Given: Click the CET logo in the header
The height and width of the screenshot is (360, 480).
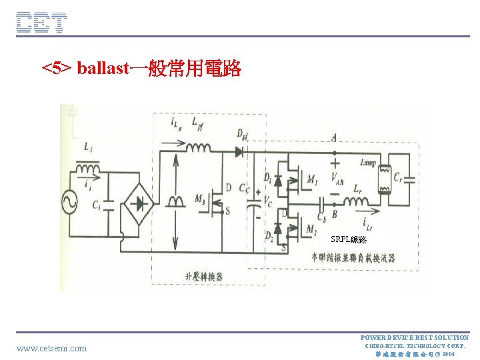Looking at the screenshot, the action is click(x=41, y=23).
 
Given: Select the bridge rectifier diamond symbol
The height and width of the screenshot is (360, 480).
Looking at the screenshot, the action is click(x=140, y=202).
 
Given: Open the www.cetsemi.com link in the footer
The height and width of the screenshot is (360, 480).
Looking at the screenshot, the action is click(x=51, y=348).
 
